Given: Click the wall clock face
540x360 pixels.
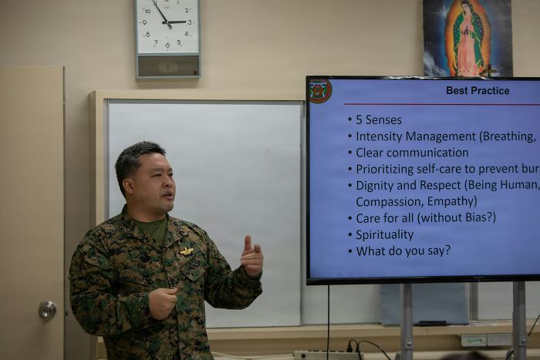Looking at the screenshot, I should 167,26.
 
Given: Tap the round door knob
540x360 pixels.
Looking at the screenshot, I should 47,310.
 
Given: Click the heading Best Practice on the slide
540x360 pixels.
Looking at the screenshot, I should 478,90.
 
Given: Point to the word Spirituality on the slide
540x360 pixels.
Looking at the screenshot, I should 384,234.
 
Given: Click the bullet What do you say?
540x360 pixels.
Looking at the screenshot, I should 403,251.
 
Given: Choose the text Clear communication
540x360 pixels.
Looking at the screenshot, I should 412,153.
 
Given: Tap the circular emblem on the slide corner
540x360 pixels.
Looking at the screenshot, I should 319,90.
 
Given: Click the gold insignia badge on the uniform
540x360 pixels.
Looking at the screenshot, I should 187,251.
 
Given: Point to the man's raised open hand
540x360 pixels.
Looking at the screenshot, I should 251,257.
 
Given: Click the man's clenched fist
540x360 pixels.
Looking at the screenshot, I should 163,302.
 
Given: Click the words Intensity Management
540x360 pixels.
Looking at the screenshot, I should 415,136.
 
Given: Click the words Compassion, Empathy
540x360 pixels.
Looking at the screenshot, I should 417,201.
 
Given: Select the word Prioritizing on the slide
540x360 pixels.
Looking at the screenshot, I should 388,169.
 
